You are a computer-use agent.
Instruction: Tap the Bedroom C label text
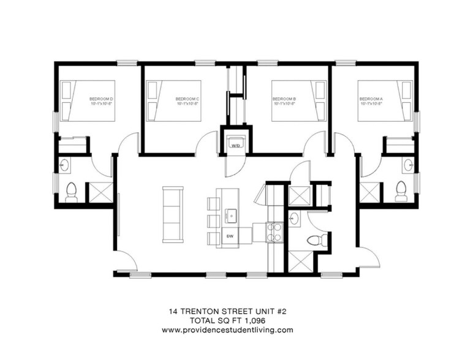click(188, 99)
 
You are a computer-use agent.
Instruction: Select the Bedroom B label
click(284, 99)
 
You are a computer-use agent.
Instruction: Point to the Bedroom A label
click(371, 99)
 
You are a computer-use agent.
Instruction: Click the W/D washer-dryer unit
click(235, 144)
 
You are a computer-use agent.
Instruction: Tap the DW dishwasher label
click(230, 236)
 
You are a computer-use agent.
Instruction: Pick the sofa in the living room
click(172, 214)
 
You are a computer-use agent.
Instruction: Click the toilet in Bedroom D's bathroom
click(71, 192)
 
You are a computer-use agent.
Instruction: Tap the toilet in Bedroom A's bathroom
click(401, 190)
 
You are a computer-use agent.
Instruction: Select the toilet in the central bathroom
click(316, 240)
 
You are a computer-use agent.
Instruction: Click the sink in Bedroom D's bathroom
click(66, 165)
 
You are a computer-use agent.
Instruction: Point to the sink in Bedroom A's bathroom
click(408, 165)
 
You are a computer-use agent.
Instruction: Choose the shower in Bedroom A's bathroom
click(369, 192)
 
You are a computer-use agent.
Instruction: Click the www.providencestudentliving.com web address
click(227, 329)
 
